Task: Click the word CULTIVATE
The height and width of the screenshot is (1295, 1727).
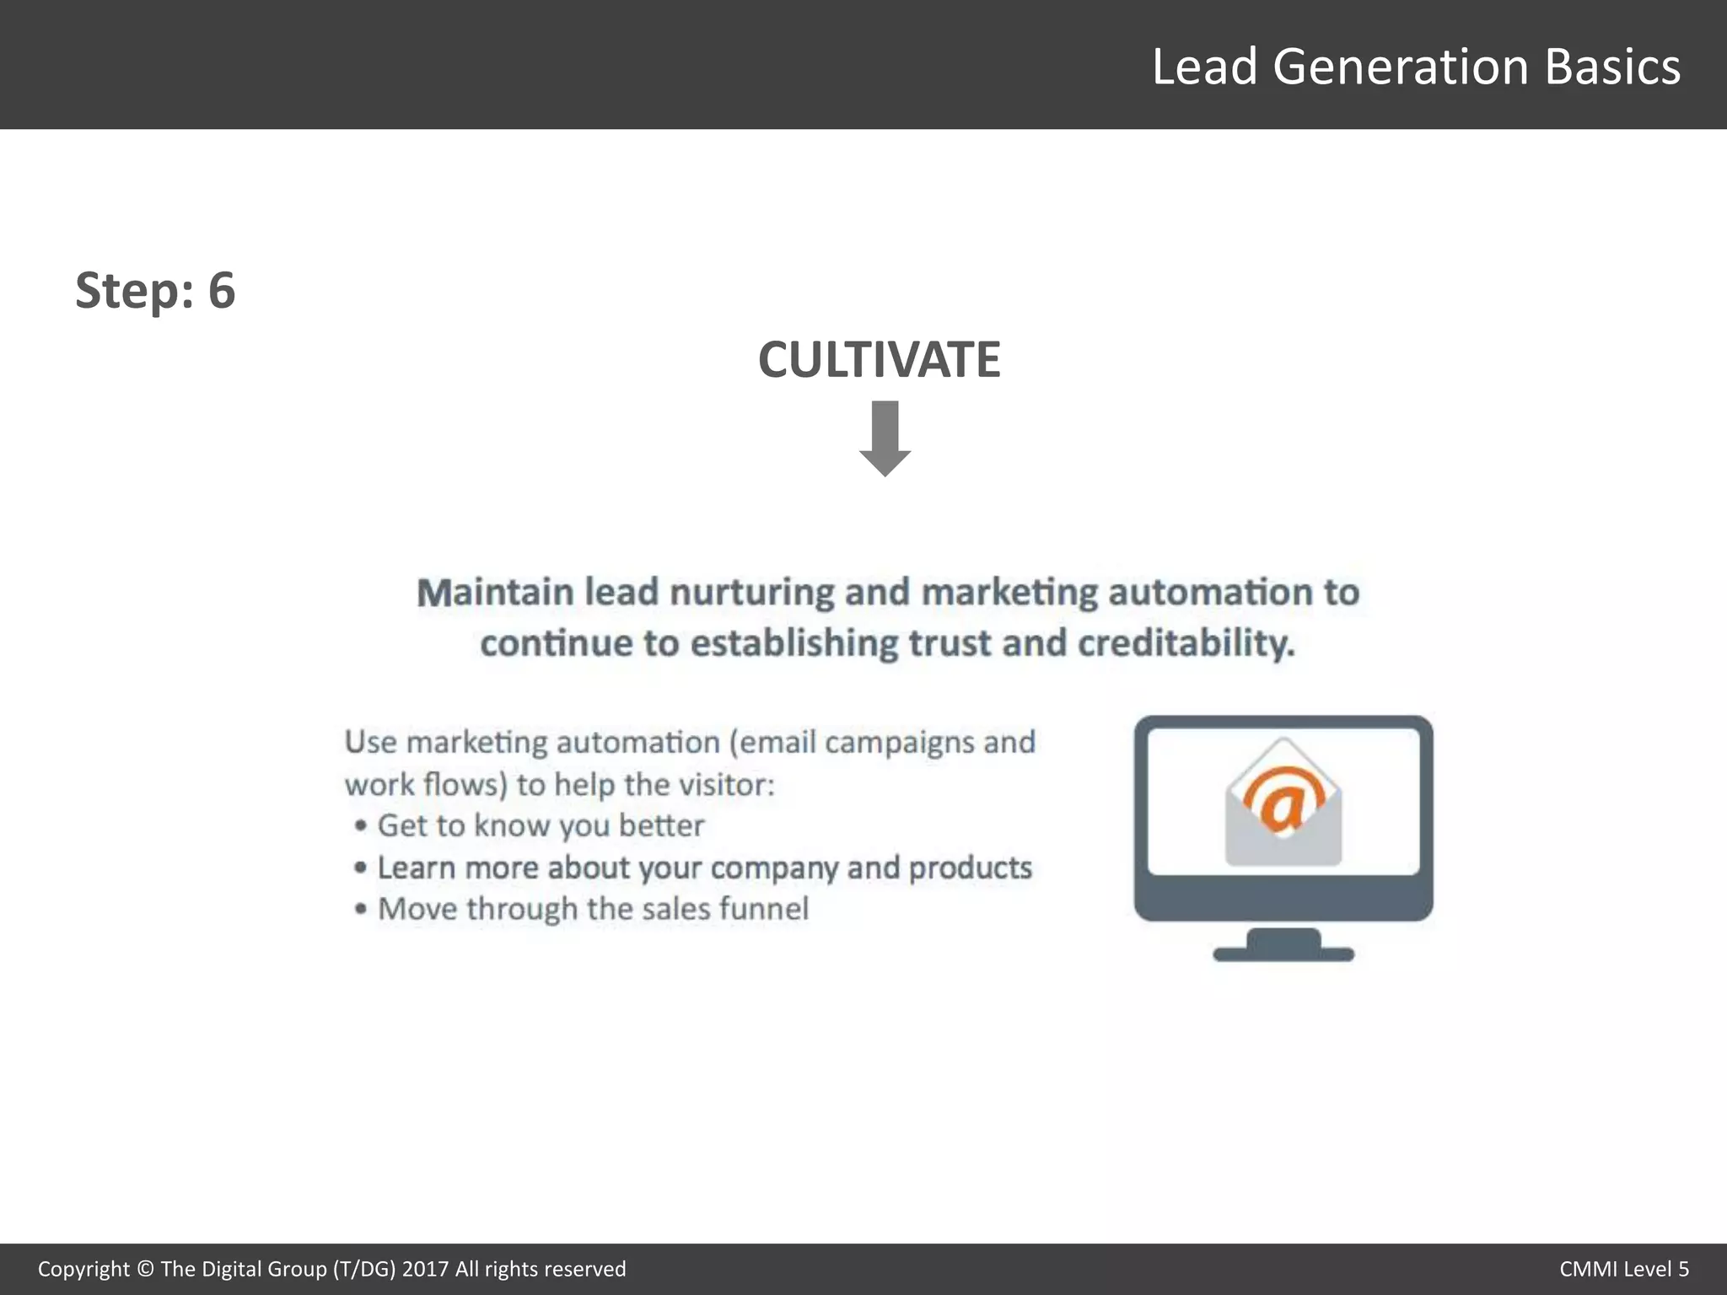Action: [879, 360]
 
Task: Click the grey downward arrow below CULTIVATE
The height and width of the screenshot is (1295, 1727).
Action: [885, 438]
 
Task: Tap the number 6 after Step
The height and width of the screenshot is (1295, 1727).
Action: [221, 290]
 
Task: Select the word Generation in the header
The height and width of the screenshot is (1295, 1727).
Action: [1400, 67]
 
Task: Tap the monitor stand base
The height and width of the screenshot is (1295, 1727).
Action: [1283, 953]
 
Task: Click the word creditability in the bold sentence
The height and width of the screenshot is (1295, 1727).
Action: [1186, 643]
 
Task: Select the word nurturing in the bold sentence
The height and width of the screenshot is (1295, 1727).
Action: [751, 592]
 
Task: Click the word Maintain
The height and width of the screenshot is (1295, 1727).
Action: [495, 592]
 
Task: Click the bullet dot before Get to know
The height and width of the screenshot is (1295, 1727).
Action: [361, 825]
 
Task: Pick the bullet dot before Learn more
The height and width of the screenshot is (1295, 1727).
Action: [361, 868]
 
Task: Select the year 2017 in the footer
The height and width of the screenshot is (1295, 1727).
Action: [425, 1269]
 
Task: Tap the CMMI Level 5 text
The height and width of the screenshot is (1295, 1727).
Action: [1623, 1269]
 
